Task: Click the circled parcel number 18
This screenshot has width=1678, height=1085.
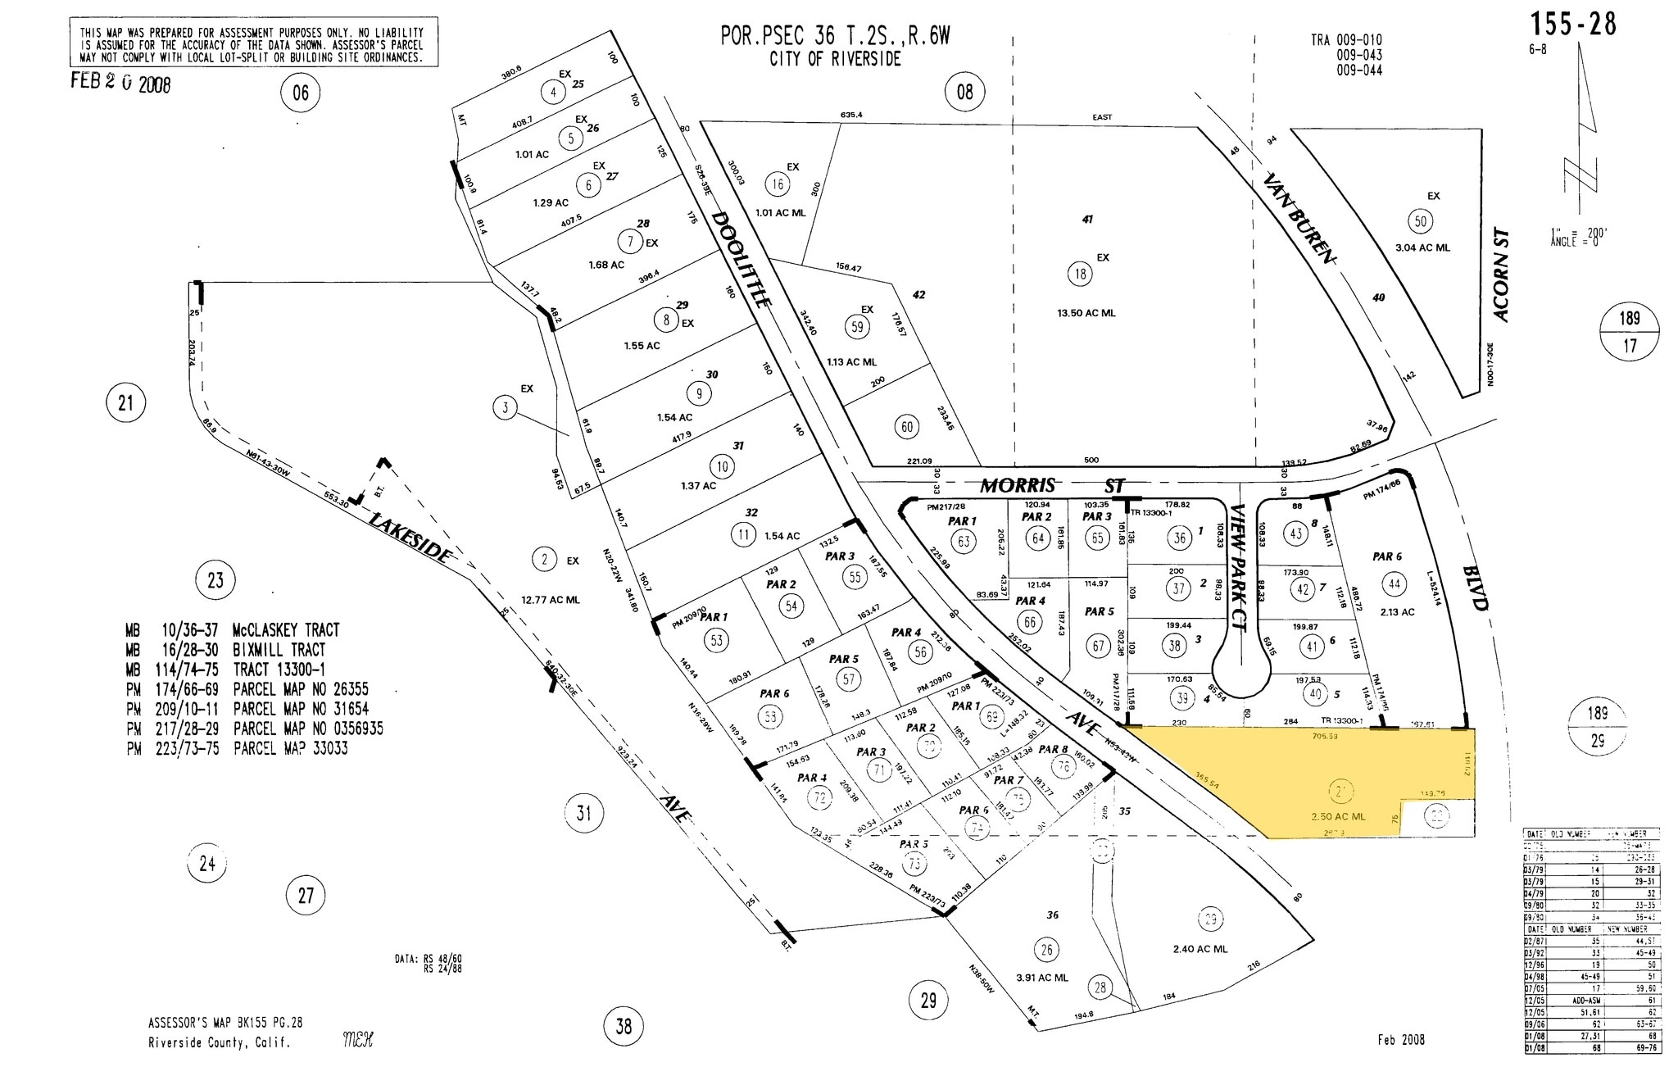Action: [x=1080, y=274]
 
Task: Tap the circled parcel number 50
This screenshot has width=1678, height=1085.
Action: [x=1420, y=221]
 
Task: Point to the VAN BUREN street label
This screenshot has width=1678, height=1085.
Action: [x=1300, y=218]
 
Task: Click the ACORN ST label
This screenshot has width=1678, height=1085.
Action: [x=1500, y=275]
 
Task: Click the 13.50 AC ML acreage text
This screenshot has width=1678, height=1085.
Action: [x=1086, y=313]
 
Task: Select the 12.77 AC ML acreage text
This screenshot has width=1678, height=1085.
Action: [x=550, y=600]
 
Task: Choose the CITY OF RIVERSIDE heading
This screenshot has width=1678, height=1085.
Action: [x=835, y=59]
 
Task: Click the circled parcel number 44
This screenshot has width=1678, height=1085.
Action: [x=1394, y=584]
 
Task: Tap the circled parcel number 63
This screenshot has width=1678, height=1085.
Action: [x=963, y=541]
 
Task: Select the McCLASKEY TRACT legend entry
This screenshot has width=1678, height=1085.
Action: [x=233, y=630]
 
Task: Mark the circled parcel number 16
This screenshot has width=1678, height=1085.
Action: [x=777, y=184]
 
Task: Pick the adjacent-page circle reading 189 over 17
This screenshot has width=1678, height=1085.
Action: [x=1630, y=332]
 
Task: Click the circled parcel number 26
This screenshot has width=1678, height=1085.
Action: [x=1046, y=950]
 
